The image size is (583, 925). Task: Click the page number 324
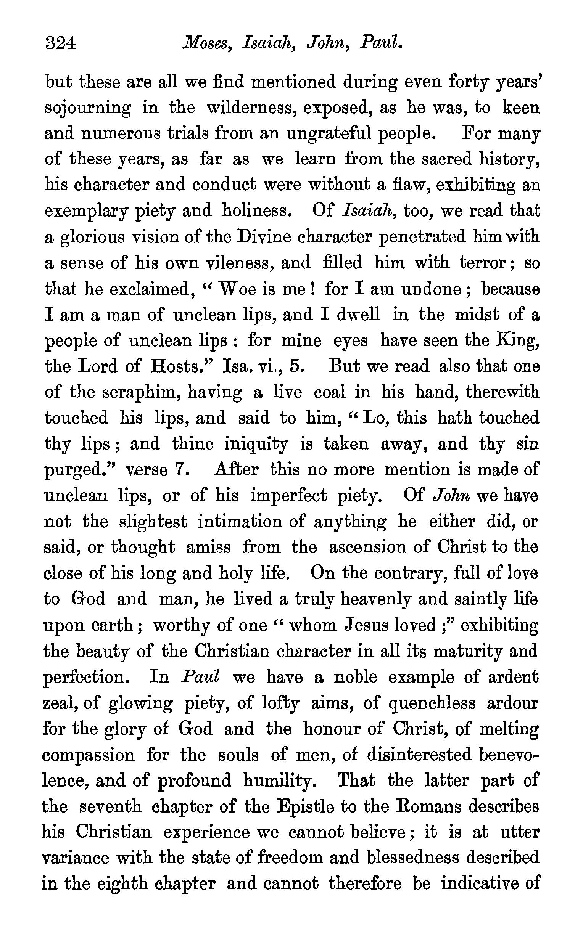coord(61,43)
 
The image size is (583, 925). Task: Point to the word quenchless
coord(432,704)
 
